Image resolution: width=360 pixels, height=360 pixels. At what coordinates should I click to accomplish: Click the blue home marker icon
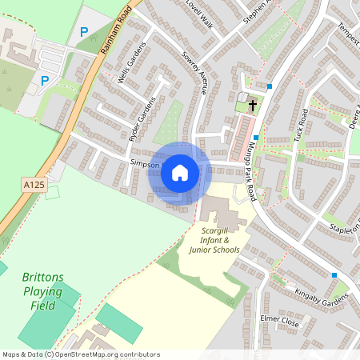pos(180,172)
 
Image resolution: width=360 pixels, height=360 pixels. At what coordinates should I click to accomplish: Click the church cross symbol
pos(253,104)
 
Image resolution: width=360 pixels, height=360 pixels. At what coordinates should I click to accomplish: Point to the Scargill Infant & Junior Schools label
pos(214,240)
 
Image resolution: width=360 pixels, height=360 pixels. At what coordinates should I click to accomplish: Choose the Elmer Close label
pos(278,322)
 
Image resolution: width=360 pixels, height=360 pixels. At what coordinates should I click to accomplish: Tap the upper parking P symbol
pos(84,33)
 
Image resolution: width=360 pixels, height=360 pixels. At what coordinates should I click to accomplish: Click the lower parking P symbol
pos(45,80)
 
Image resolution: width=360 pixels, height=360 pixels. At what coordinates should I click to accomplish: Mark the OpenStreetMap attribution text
pos(81,354)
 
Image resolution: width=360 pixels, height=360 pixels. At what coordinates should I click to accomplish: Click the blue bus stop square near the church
pos(270,86)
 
